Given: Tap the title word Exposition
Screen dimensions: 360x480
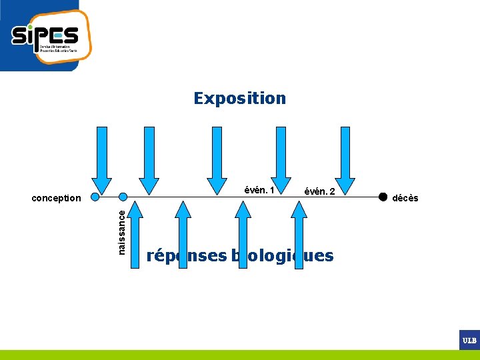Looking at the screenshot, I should click(x=239, y=99).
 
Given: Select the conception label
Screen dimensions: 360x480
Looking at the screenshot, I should click(x=57, y=198).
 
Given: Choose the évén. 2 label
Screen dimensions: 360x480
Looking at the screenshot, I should click(x=319, y=191).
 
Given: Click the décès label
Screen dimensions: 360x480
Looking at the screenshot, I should click(x=405, y=198).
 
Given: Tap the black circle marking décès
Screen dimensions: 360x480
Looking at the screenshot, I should click(x=383, y=197).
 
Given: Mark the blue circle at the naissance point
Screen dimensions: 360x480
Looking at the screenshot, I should click(x=123, y=197).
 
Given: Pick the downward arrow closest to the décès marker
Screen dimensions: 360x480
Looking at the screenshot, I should click(x=345, y=160).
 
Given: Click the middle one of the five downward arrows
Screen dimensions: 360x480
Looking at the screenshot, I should click(x=217, y=160).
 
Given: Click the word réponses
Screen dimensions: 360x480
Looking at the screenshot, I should click(x=187, y=256).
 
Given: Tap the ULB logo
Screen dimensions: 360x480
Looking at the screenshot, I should click(x=469, y=340).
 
